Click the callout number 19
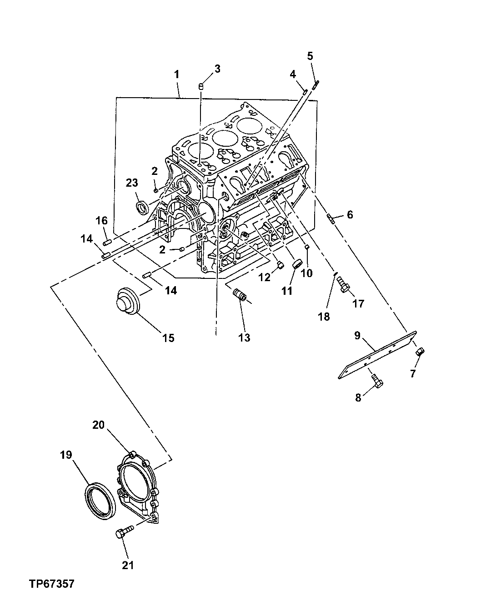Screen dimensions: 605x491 tap(66, 455)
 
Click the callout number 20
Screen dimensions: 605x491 tap(99, 425)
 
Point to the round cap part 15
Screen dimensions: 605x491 tap(126, 300)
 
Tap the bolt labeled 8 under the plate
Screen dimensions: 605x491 tap(377, 381)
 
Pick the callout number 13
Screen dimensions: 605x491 tap(245, 337)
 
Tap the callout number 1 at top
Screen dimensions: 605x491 tap(176, 73)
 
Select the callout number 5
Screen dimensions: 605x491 tap(310, 56)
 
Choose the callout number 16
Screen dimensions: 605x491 tap(101, 221)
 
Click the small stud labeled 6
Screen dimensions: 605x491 tap(331, 220)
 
